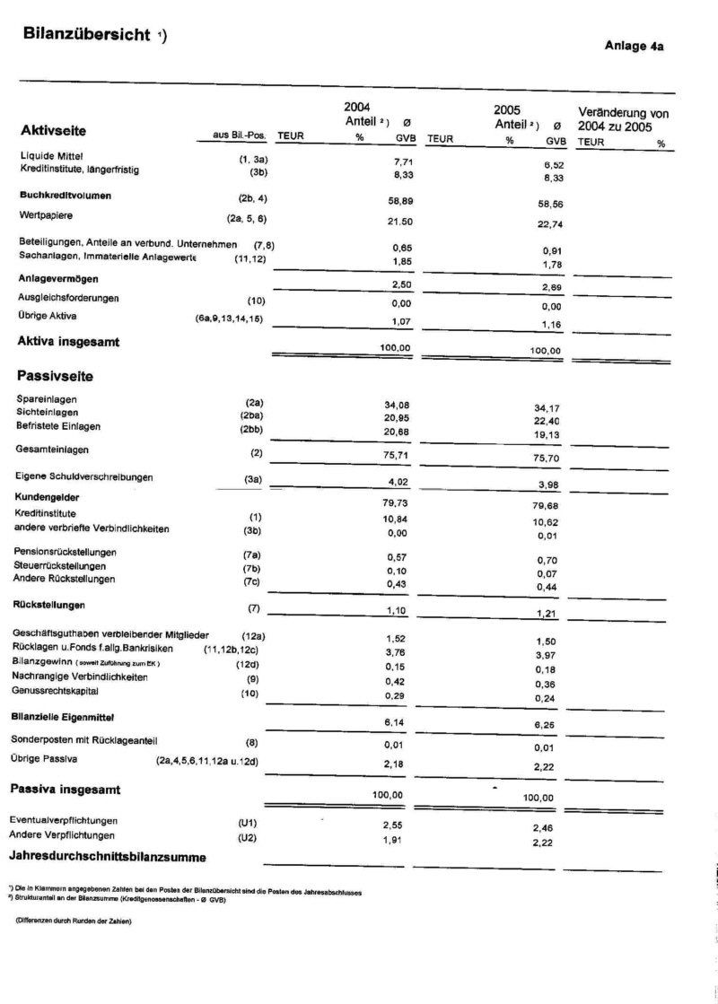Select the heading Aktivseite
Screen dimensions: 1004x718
click(53, 132)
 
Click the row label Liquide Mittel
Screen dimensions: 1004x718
click(50, 155)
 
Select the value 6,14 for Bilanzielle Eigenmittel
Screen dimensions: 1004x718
click(397, 723)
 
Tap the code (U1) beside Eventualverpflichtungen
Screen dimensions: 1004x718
click(248, 822)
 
